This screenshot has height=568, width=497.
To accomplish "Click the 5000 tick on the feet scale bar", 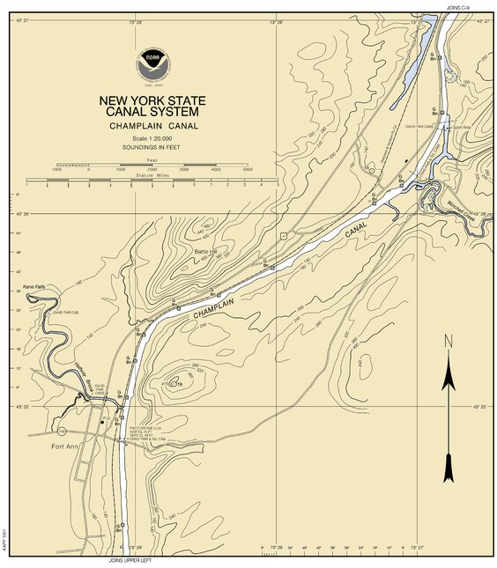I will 248,168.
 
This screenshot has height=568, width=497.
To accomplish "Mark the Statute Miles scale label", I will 152,176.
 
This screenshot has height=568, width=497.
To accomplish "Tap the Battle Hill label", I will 205,252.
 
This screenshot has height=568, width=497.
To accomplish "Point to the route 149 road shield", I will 62,431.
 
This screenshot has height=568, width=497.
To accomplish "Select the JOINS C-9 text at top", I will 459,6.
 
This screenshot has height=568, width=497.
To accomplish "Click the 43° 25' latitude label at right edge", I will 478,408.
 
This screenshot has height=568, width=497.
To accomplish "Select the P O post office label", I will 106,418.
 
